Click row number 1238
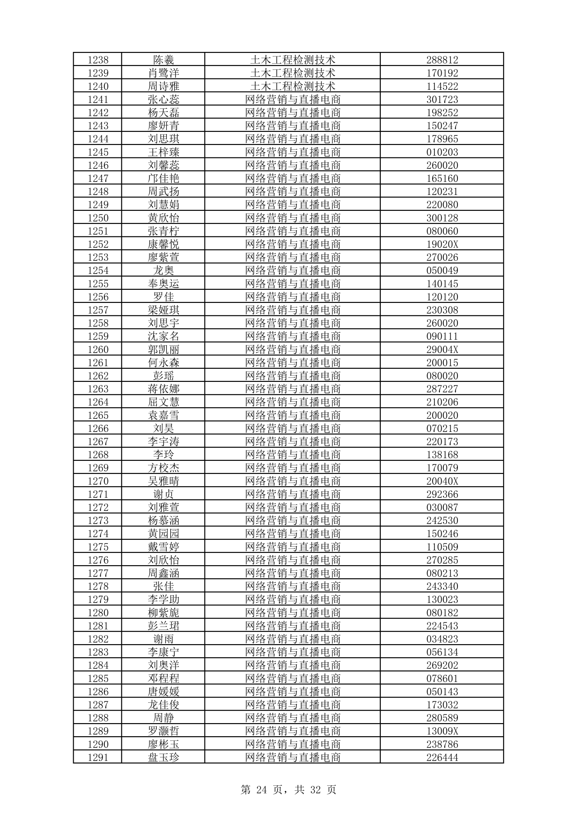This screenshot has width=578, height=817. coord(98,60)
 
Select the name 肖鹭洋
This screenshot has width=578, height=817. coord(163,73)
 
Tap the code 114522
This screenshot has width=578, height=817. coord(442,86)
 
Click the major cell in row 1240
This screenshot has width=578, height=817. coord(293,86)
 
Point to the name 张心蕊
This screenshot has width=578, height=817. coord(163,99)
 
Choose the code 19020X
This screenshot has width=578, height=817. coord(442,244)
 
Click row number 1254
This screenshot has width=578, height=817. coord(98,270)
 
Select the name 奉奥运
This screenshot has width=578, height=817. coord(163,283)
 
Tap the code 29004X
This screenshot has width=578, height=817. coord(442,349)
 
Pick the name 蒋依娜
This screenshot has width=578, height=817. coord(163,389)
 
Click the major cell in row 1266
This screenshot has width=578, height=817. coord(293,428)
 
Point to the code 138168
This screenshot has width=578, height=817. coord(442,455)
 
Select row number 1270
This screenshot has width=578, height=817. coord(98,481)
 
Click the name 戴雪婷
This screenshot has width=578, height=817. coord(163,547)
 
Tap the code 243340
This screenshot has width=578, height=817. coord(442,586)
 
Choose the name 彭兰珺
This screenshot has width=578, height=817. coord(163,626)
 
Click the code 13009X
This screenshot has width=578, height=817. coord(442,731)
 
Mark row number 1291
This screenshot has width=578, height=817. coord(98,757)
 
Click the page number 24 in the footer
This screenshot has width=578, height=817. coord(262,789)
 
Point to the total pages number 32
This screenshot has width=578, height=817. coord(316,789)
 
